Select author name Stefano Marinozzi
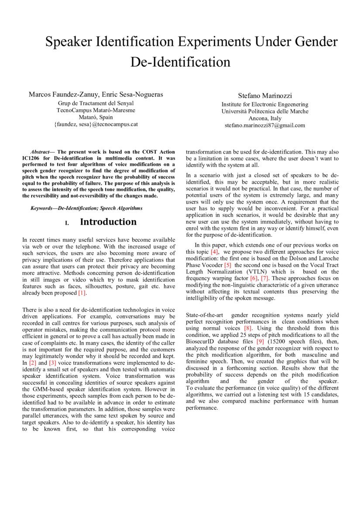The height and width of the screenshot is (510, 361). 265,95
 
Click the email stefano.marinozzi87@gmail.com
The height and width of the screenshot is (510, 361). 265,125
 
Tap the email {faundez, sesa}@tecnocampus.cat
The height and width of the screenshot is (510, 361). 96,124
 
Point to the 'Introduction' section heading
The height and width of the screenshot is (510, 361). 108,222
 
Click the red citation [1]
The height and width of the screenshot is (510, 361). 83,293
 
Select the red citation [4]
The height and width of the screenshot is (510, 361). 214,252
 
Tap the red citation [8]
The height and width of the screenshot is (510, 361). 248,328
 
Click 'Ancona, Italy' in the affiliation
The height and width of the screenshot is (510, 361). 265,118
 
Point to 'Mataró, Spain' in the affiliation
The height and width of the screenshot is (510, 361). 96,117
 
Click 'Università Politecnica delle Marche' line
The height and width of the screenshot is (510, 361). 265,111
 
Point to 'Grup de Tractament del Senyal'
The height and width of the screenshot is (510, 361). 96,103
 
